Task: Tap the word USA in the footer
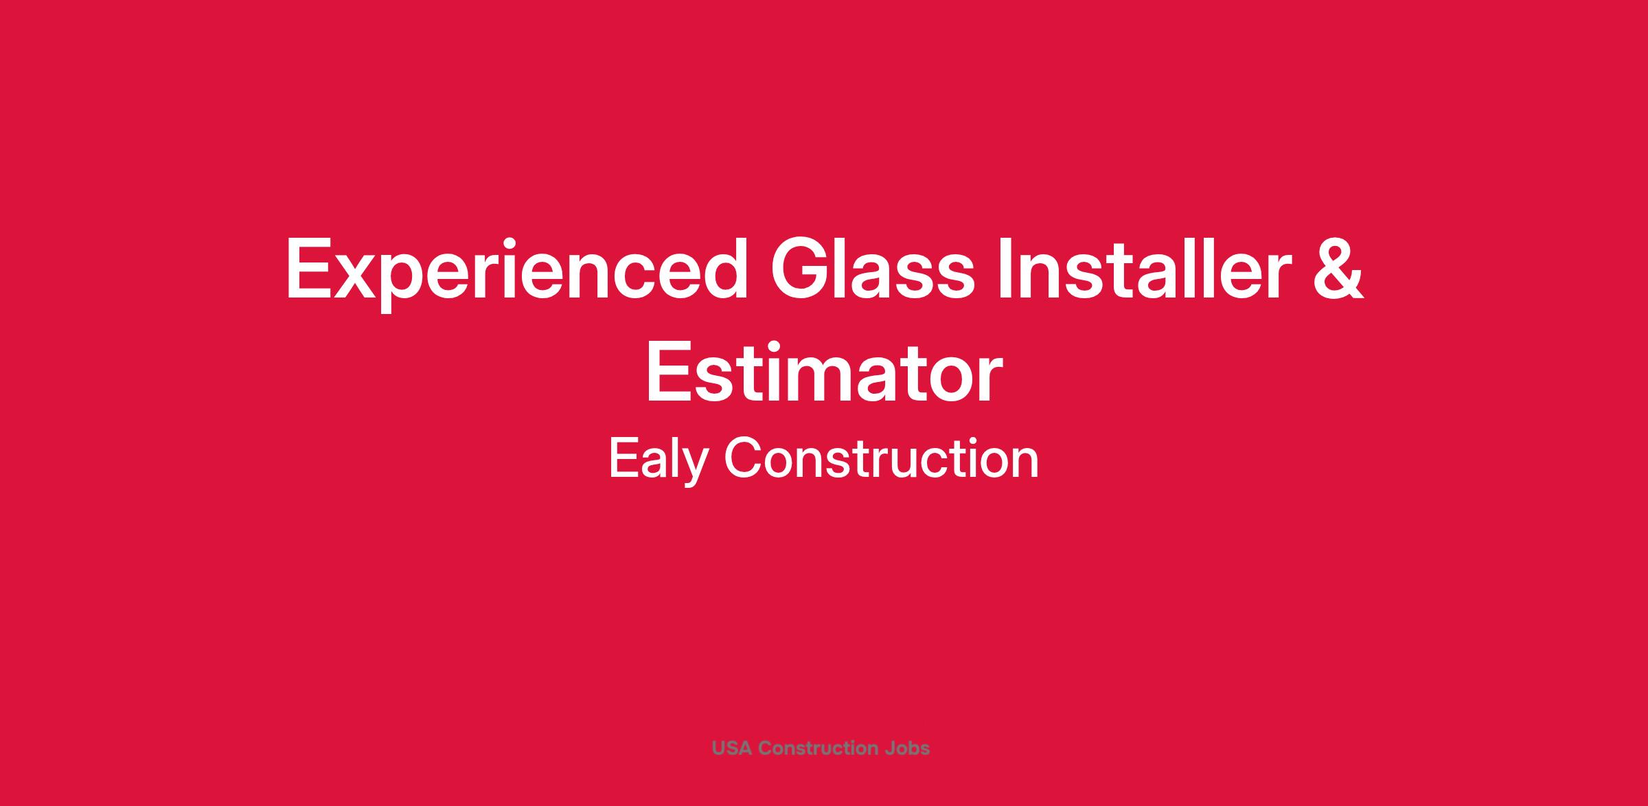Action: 732,748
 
